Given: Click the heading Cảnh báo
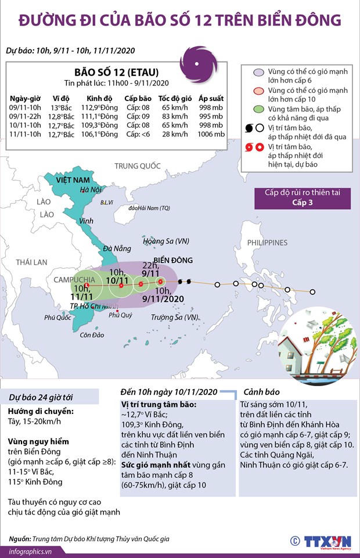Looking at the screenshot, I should point(266,391).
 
